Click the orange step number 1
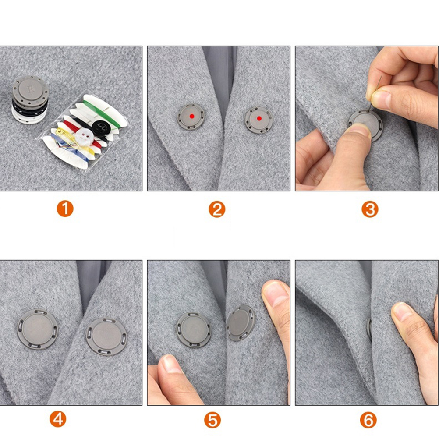(x=65, y=209)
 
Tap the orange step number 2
(x=217, y=209)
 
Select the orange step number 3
(x=370, y=209)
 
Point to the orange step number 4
(x=58, y=419)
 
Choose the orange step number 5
(x=212, y=420)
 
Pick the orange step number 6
(x=368, y=420)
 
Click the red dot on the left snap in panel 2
(x=192, y=116)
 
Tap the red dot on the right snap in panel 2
(x=259, y=118)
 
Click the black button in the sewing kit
(x=100, y=127)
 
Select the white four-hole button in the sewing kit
(x=84, y=136)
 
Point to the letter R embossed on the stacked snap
(x=31, y=89)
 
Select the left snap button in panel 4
(x=38, y=329)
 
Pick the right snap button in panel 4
(x=106, y=336)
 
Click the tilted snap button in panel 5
(x=241, y=322)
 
